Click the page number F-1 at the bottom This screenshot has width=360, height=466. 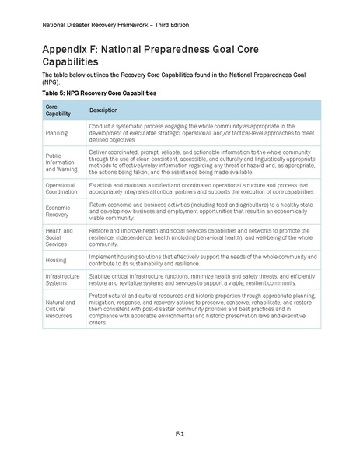click(180, 433)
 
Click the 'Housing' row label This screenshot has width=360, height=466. click(57, 260)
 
